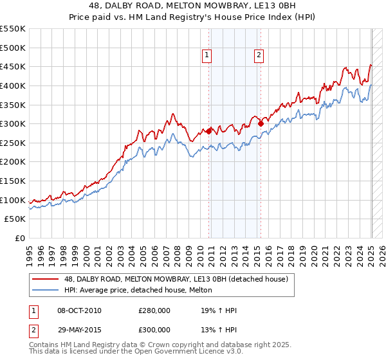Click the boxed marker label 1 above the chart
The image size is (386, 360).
click(207, 56)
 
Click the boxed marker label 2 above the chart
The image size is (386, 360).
click(259, 56)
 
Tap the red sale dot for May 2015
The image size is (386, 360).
click(261, 123)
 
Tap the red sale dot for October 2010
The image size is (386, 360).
click(208, 131)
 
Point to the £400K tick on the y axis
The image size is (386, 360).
click(13, 85)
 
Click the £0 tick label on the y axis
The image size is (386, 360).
click(19, 239)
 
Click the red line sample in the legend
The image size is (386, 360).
click(46, 279)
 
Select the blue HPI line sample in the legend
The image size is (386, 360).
click(46, 290)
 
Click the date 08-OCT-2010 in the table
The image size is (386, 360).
click(80, 311)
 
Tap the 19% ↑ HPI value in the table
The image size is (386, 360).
click(219, 311)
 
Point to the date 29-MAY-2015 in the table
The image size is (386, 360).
click(80, 329)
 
